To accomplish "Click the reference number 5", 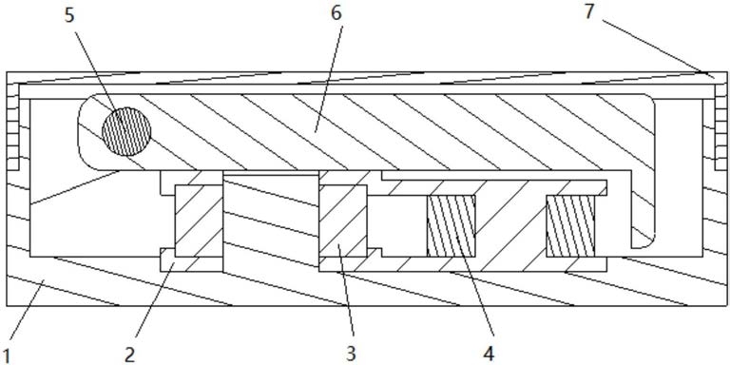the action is coord(69,15).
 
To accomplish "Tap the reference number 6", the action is coord(336,13).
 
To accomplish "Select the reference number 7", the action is coord(589,11).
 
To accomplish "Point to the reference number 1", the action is coord(5,354).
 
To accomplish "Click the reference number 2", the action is coord(130,354).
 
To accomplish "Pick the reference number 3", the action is coord(351,354).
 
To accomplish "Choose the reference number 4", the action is coord(488,354).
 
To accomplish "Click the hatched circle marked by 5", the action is coord(126,131).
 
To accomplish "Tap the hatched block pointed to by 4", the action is coord(451,226).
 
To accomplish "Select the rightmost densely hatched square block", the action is coord(570,226).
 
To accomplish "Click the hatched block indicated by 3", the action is coord(343,221).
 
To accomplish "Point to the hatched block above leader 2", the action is coord(199,221).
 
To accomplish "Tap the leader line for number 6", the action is coord(329,77).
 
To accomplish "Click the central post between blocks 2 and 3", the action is coord(271,221).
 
